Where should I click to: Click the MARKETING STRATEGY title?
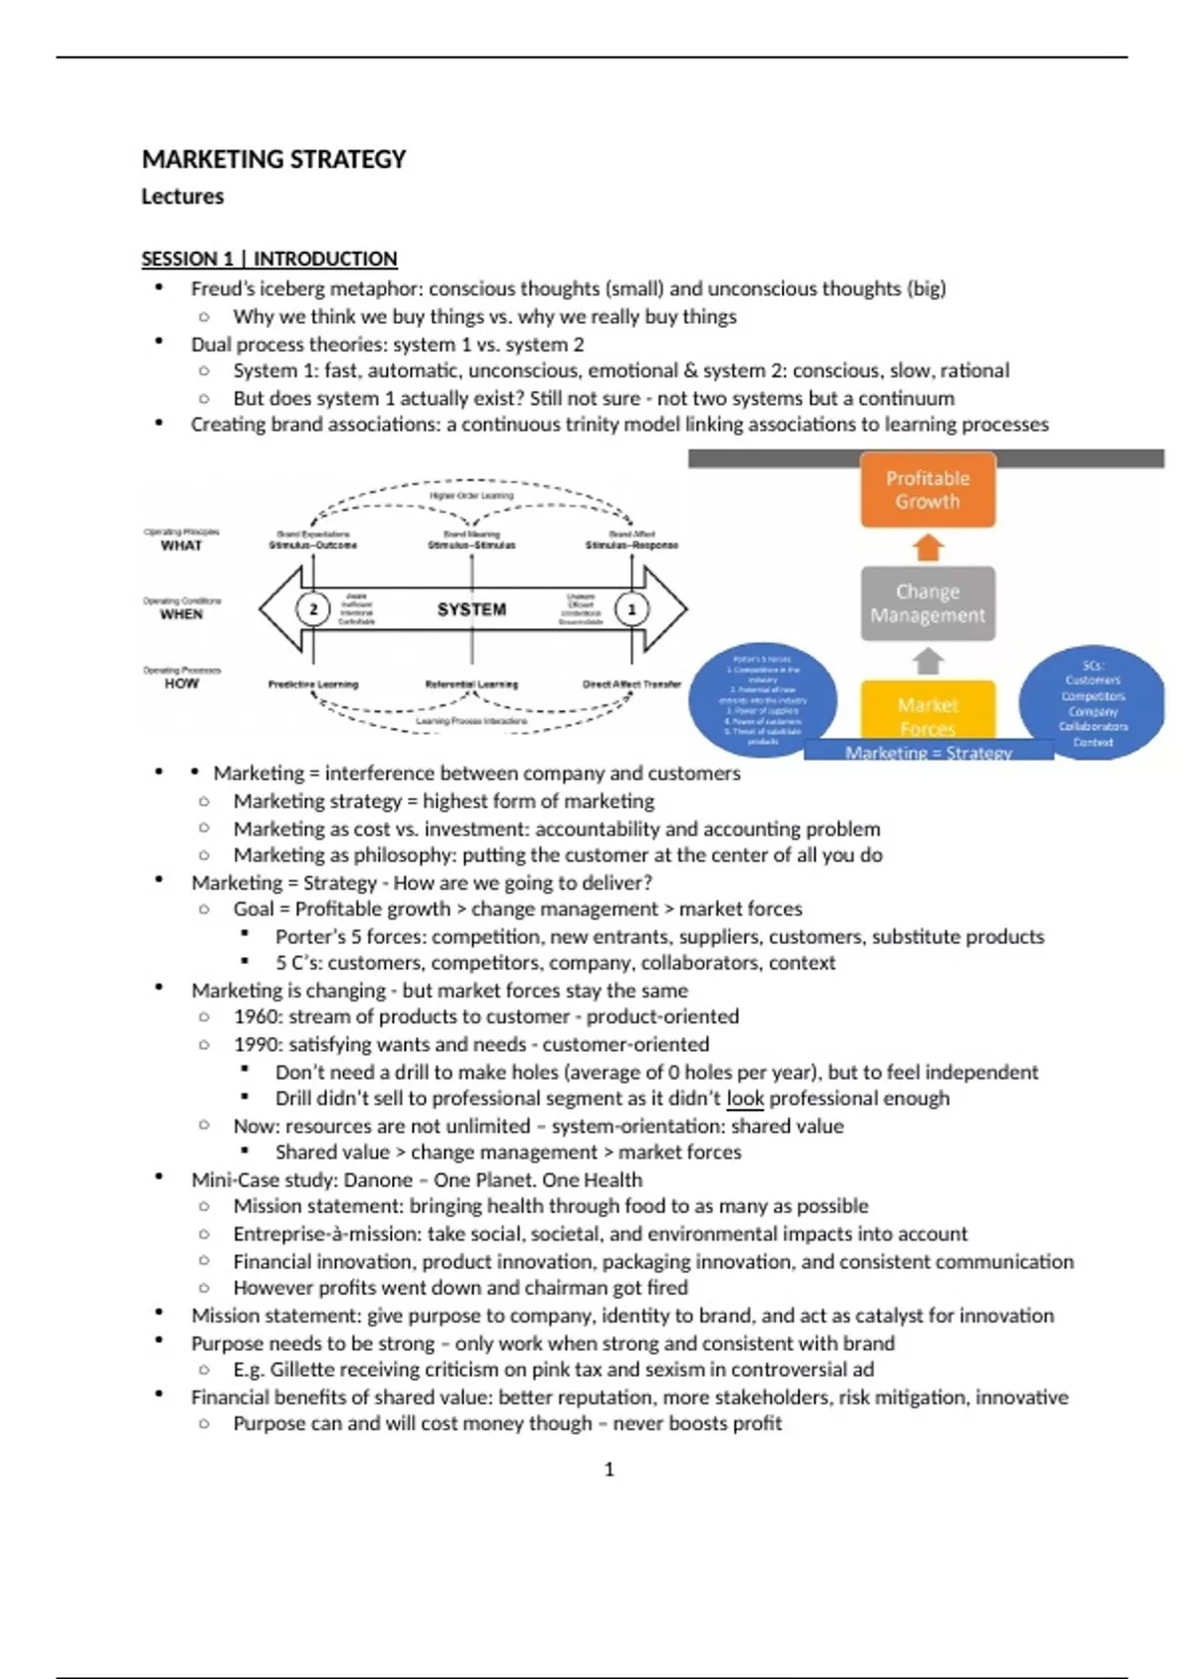click(274, 159)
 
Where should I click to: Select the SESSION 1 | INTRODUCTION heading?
click(269, 259)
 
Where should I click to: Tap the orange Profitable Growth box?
click(927, 490)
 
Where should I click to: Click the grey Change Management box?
click(927, 603)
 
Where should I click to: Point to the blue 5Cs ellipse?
click(1092, 702)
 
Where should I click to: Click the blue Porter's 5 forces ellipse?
click(762, 700)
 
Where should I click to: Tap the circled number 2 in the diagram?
click(313, 609)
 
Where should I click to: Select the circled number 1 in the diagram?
click(632, 609)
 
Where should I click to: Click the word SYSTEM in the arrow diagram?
click(471, 609)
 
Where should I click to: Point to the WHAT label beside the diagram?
click(181, 545)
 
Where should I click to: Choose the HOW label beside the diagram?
click(181, 683)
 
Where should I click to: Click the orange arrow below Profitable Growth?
click(927, 546)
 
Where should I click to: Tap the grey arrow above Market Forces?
click(927, 661)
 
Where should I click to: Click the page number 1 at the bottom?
click(608, 1470)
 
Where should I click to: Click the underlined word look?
click(746, 1098)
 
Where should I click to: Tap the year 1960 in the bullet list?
click(256, 1017)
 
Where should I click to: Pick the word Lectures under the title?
click(183, 197)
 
